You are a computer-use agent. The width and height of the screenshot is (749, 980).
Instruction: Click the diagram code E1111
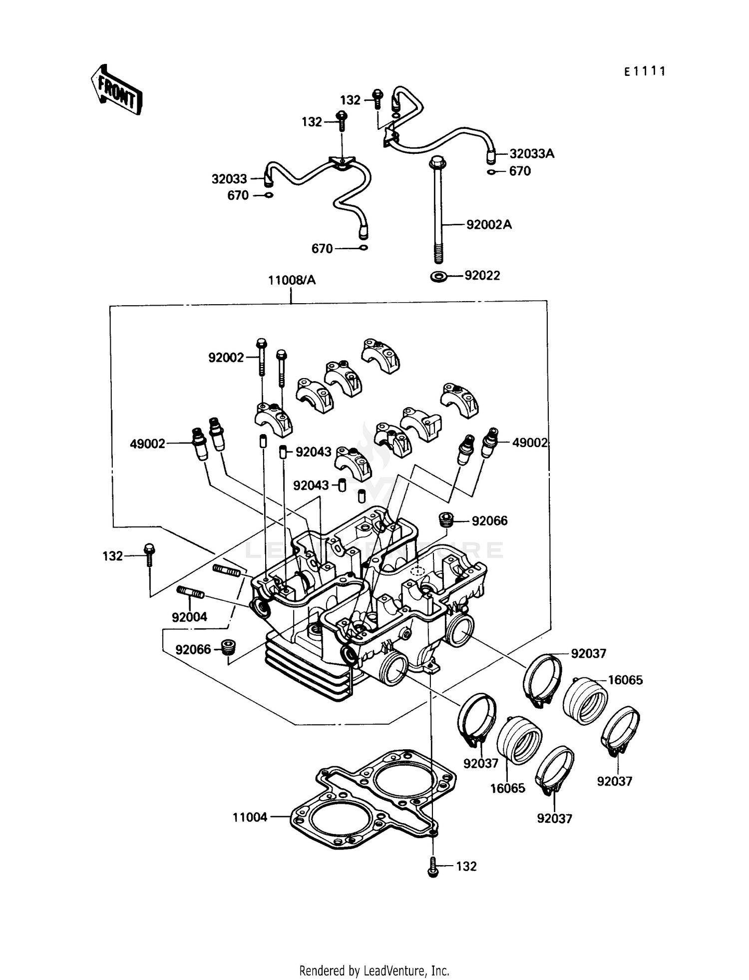click(645, 72)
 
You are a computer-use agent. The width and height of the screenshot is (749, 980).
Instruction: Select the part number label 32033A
click(531, 153)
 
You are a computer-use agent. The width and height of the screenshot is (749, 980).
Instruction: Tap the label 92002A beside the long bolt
click(489, 224)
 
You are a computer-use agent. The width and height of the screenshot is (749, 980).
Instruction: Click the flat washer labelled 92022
click(439, 276)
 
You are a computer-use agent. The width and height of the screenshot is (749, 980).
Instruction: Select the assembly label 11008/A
click(292, 280)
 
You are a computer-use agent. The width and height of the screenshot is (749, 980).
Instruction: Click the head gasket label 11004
click(250, 817)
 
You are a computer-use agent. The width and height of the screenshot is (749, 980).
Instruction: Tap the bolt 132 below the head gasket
click(433, 867)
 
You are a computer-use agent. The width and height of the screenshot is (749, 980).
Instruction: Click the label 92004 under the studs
click(189, 617)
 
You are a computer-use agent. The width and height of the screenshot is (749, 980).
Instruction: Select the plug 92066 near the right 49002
click(445, 519)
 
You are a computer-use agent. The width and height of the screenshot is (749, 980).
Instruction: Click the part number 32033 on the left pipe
click(229, 179)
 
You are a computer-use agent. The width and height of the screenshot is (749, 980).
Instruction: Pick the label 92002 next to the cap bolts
click(226, 358)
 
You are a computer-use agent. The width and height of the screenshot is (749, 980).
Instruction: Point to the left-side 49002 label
click(147, 444)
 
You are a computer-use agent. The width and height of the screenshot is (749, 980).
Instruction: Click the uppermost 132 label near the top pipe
click(350, 100)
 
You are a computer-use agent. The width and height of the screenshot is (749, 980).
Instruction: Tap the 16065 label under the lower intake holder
click(507, 788)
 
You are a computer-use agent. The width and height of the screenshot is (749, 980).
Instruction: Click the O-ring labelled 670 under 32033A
click(492, 172)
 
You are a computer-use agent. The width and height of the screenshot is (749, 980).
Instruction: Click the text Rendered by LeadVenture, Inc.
click(374, 971)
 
